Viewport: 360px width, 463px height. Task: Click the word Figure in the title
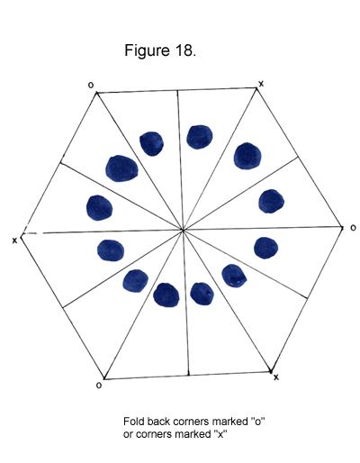(x=147, y=50)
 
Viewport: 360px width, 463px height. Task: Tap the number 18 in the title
(x=184, y=50)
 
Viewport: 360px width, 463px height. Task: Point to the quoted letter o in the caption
(x=258, y=421)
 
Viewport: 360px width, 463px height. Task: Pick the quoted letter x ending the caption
(x=220, y=433)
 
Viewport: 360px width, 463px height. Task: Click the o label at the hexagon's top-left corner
(x=91, y=86)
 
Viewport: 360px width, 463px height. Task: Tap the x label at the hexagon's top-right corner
(x=261, y=84)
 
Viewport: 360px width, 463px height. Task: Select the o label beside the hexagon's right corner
(x=353, y=228)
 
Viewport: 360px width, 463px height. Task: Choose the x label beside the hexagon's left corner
(x=14, y=241)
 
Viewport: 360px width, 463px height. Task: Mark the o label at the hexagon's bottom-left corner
(x=99, y=386)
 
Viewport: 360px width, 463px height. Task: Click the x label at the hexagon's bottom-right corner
(x=276, y=377)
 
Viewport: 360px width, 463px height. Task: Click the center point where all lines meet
(x=183, y=231)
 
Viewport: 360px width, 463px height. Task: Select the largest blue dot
(x=121, y=168)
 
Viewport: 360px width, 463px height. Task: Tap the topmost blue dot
(x=200, y=137)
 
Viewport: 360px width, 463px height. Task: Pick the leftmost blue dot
(x=99, y=208)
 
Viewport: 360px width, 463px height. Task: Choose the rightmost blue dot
(x=271, y=201)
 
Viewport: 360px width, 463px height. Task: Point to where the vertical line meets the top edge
(x=177, y=90)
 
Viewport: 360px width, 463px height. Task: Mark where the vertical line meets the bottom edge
(x=188, y=375)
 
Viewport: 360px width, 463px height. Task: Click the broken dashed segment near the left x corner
(x=32, y=233)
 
